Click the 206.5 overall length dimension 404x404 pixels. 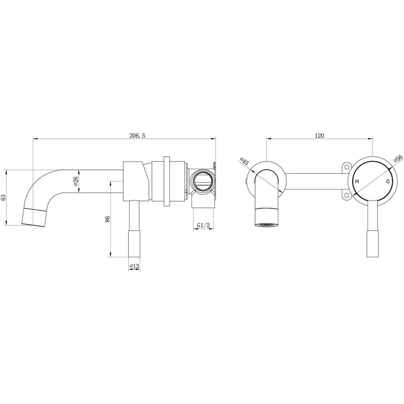pyautogui.click(x=137, y=135)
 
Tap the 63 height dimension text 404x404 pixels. pyautogui.click(x=3, y=198)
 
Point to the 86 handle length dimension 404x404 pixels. pyautogui.click(x=108, y=219)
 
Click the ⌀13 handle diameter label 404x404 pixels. pyautogui.click(x=134, y=266)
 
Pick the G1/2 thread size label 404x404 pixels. pyautogui.click(x=204, y=225)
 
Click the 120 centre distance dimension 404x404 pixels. pyautogui.click(x=320, y=135)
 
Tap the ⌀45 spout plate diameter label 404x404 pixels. pyautogui.click(x=244, y=161)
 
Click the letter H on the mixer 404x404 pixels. pyautogui.click(x=357, y=182)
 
